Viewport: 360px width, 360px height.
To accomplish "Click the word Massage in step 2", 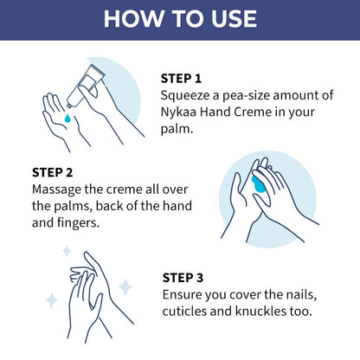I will point(58,188).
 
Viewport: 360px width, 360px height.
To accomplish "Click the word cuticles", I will point(189,312).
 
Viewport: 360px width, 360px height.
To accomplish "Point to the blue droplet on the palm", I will point(67,119).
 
